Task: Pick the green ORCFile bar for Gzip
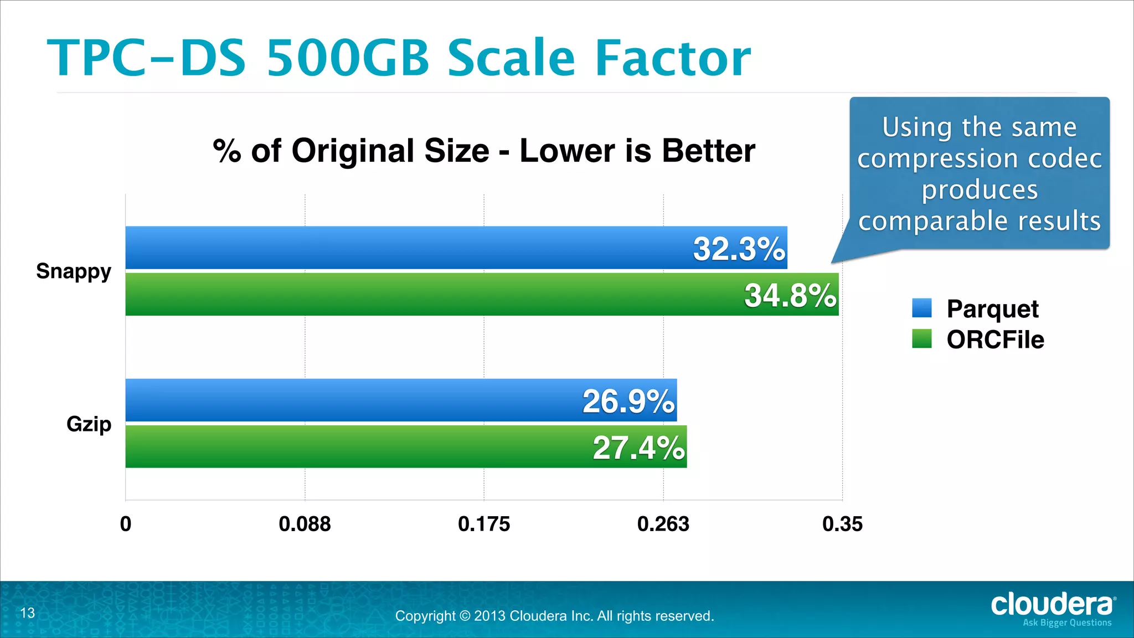click(354, 446)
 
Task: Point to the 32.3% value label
click(739, 249)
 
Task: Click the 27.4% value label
click(638, 447)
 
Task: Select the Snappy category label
click(74, 271)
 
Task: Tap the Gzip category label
click(89, 424)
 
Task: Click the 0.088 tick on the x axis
click(305, 524)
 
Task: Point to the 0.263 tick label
click(663, 524)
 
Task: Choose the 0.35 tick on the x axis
click(842, 524)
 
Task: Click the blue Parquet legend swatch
click(922, 308)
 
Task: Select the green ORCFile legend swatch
click(922, 339)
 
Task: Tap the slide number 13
click(28, 613)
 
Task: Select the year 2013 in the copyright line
click(489, 616)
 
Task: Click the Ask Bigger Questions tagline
click(1067, 623)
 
